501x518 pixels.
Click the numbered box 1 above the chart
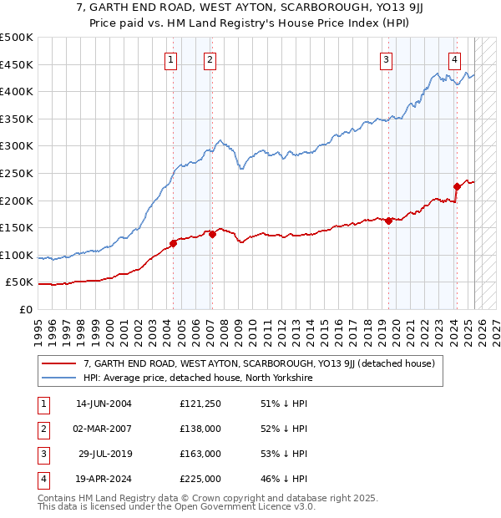[170, 58]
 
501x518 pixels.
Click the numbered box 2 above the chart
[210, 58]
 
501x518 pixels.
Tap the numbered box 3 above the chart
[387, 58]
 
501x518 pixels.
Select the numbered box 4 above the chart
[454, 58]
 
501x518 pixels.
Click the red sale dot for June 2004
[174, 243]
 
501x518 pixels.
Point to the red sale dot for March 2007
[212, 235]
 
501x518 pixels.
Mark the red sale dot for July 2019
[389, 221]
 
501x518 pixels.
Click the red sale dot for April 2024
[457, 186]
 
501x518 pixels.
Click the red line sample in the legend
[58, 363]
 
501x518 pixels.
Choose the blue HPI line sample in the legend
[58, 378]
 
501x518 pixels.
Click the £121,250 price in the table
[200, 404]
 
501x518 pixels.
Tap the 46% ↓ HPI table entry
[284, 479]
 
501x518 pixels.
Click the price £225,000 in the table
[200, 479]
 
